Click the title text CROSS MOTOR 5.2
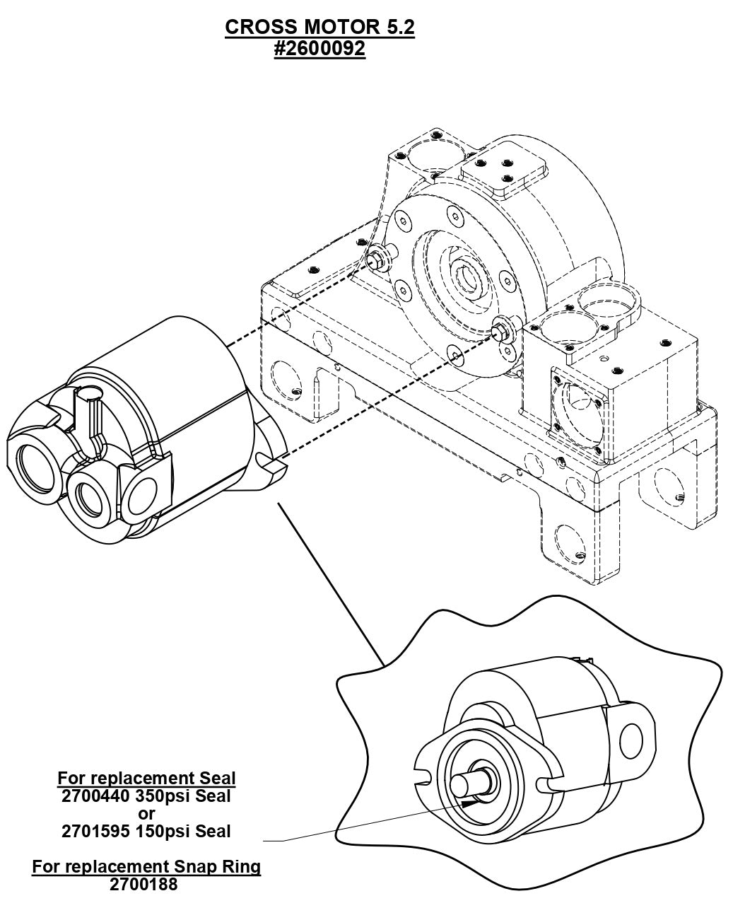(x=319, y=27)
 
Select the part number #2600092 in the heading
(x=319, y=49)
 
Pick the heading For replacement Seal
(x=146, y=779)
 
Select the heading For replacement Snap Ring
(x=146, y=866)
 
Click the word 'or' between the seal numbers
(x=146, y=813)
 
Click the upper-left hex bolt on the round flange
(x=376, y=260)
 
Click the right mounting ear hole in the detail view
(x=628, y=742)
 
